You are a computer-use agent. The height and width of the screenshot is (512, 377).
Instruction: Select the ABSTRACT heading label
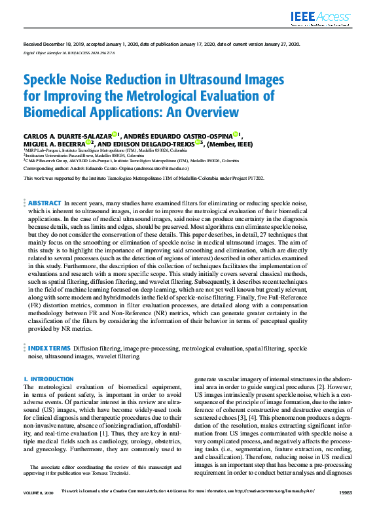point(45,204)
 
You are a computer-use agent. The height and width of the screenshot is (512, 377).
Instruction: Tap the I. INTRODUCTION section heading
point(48,379)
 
